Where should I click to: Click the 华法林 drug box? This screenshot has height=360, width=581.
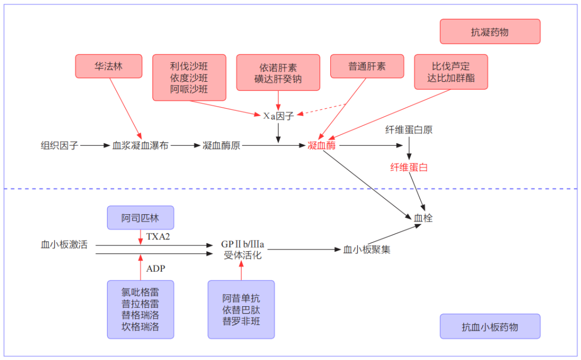pyautogui.click(x=109, y=67)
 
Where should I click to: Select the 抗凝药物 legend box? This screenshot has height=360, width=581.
pyautogui.click(x=490, y=32)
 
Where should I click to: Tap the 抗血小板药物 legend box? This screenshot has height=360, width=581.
pyautogui.click(x=490, y=327)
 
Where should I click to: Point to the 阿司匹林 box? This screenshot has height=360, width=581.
pyautogui.click(x=140, y=218)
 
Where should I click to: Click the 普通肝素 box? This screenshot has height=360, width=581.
pyautogui.click(x=367, y=67)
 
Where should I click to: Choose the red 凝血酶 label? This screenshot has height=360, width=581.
pyautogui.click(x=322, y=145)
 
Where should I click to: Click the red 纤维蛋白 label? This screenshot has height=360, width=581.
pyautogui.click(x=409, y=167)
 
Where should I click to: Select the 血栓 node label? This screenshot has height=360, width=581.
pyautogui.click(x=423, y=218)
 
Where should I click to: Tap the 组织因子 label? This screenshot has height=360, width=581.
pyautogui.click(x=60, y=145)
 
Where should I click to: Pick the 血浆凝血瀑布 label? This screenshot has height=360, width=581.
pyautogui.click(x=140, y=145)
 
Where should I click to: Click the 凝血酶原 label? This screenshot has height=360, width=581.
pyautogui.click(x=222, y=145)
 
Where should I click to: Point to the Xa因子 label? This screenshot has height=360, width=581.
pyautogui.click(x=278, y=116)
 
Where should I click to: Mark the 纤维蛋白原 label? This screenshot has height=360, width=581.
pyautogui.click(x=409, y=130)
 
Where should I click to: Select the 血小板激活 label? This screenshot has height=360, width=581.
pyautogui.click(x=64, y=245)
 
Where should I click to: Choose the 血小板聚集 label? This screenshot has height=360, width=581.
pyautogui.click(x=367, y=250)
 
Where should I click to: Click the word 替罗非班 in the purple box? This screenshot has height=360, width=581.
pyautogui.click(x=241, y=322)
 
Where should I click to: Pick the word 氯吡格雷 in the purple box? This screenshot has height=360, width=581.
pyautogui.click(x=140, y=292)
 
